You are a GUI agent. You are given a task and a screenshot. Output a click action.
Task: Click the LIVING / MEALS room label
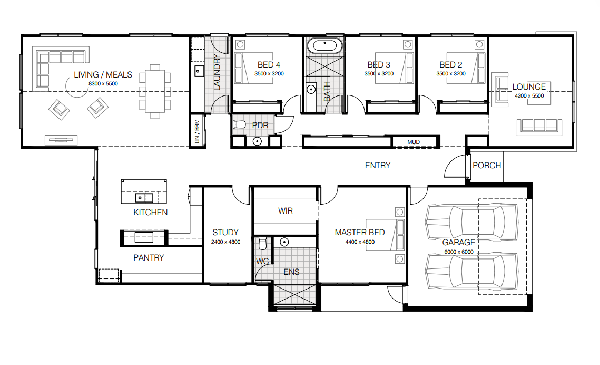point(103,75)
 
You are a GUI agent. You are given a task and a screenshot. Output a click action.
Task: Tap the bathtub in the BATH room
point(324,45)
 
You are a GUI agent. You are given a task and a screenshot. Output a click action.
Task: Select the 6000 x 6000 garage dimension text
point(458,252)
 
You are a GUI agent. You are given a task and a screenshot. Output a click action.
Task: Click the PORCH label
point(487,166)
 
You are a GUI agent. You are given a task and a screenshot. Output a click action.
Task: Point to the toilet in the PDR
point(239,124)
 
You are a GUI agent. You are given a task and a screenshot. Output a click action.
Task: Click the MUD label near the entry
point(414,142)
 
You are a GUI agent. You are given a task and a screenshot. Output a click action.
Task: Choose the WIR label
point(286,211)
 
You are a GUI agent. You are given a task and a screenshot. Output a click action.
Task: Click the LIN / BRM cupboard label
point(197,131)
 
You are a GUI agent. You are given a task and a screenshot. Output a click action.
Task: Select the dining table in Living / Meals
point(155,92)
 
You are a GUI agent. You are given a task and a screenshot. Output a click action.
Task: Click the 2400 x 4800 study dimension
point(226,242)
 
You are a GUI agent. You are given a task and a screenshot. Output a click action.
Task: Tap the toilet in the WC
point(262,243)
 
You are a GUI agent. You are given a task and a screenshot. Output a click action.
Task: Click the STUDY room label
point(225,233)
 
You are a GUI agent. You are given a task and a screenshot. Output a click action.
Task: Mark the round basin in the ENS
point(284,242)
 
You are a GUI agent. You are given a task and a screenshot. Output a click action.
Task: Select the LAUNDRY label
point(217,72)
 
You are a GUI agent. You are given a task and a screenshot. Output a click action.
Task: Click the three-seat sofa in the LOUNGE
point(539,127)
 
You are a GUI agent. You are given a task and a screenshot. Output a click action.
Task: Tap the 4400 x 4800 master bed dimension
point(360,242)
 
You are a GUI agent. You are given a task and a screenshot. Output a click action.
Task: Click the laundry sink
point(199,71)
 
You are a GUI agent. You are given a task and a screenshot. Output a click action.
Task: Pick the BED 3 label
point(379,65)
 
